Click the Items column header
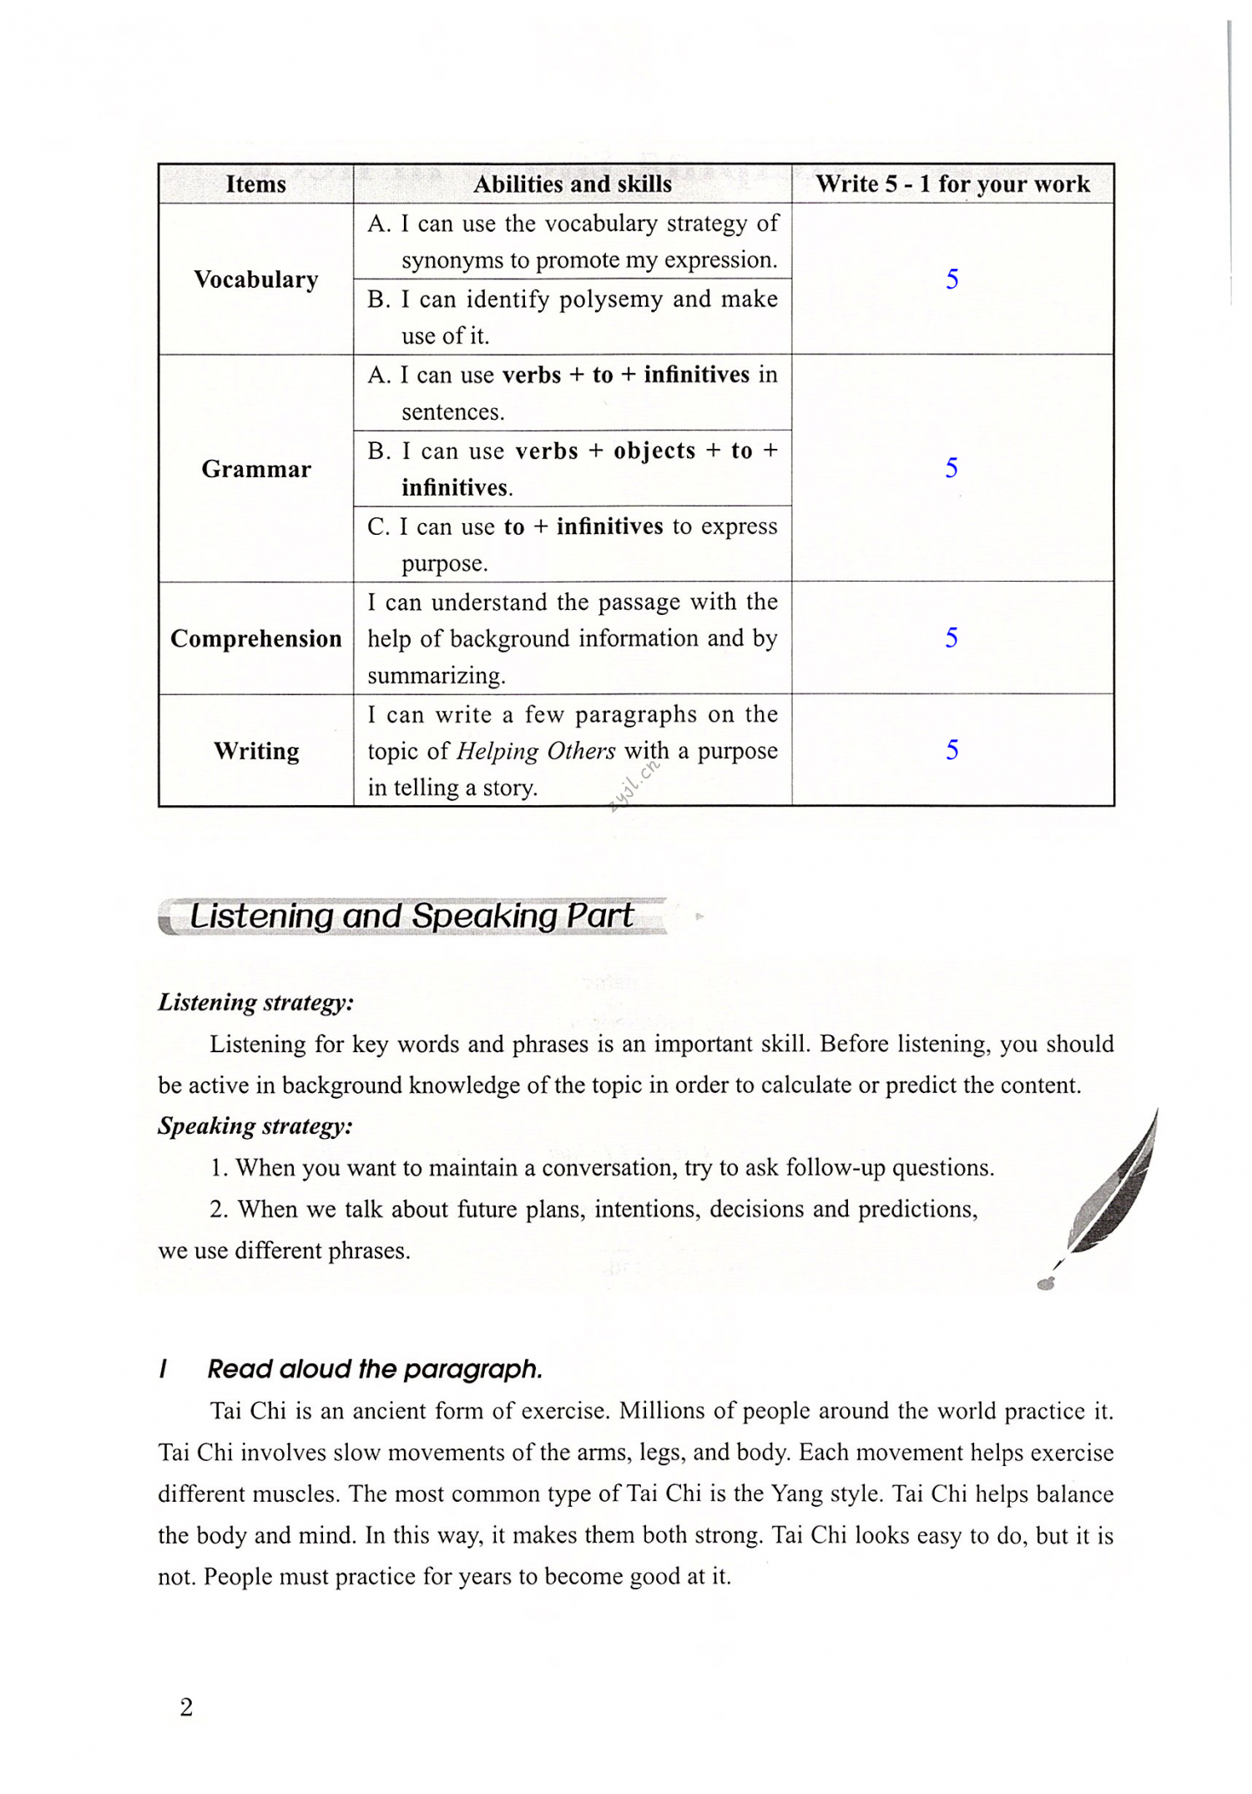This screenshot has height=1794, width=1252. tap(255, 184)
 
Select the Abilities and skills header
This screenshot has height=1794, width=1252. tap(572, 184)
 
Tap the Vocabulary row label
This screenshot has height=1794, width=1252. tap(255, 280)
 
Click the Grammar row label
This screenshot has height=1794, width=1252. tap(255, 469)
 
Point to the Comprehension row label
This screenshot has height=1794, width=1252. tap(255, 638)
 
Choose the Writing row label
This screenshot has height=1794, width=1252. tap(255, 751)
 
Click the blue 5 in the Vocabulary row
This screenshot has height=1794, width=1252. tap(952, 280)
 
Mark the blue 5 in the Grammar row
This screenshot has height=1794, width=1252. tap(952, 468)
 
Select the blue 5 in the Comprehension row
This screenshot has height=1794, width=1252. tap(952, 638)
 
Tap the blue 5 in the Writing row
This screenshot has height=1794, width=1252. tap(952, 750)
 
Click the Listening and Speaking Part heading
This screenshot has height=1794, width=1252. tap(411, 916)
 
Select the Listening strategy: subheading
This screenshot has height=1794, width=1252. tap(255, 1002)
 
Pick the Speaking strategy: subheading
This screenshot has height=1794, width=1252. tap(255, 1126)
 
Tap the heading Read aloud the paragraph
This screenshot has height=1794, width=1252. tap(375, 1369)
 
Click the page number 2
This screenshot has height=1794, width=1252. tap(186, 1707)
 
